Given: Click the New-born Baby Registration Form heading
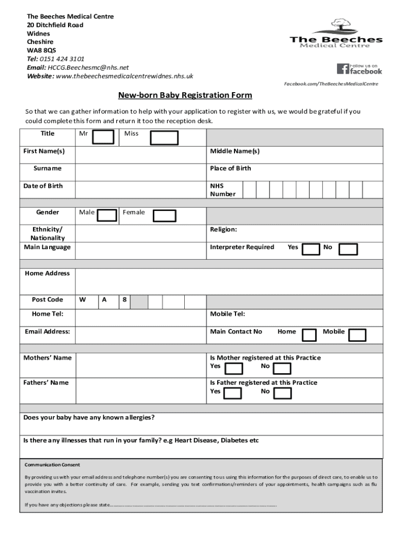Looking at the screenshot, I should pyautogui.click(x=185, y=95).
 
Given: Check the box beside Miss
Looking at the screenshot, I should pyautogui.click(x=164, y=137).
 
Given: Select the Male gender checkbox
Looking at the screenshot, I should pyautogui.click(x=108, y=216).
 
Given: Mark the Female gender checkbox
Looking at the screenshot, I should pyautogui.click(x=165, y=216).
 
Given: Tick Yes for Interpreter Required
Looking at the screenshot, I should pyautogui.click(x=311, y=250).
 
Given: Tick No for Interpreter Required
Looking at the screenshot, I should pyautogui.click(x=348, y=250).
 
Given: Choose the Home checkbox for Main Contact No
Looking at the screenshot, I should pyautogui.click(x=309, y=334).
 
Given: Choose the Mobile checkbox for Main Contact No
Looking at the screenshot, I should pyautogui.click(x=357, y=334).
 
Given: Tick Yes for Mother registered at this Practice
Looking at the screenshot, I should pyautogui.click(x=233, y=368).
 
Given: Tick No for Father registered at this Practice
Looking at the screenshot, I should pyautogui.click(x=282, y=394).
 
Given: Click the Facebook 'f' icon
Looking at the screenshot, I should pyautogui.click(x=343, y=69).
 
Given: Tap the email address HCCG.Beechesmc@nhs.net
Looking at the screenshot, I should pyautogui.click(x=88, y=68).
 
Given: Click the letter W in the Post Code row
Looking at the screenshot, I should pyautogui.click(x=83, y=300).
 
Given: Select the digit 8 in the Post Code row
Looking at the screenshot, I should pyautogui.click(x=124, y=300).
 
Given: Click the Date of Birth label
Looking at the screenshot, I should pyautogui.click(x=43, y=186).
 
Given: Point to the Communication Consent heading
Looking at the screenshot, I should pyautogui.click(x=52, y=465).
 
